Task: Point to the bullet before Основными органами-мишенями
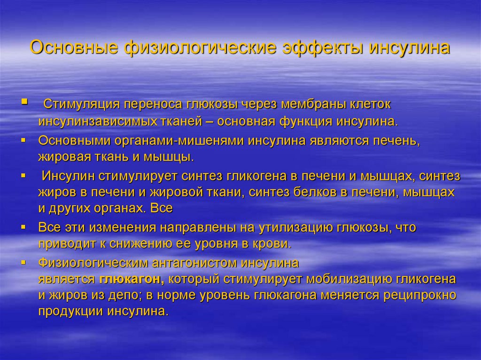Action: [24, 139]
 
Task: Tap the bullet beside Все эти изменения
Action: [24, 227]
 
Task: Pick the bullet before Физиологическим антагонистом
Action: [24, 261]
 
